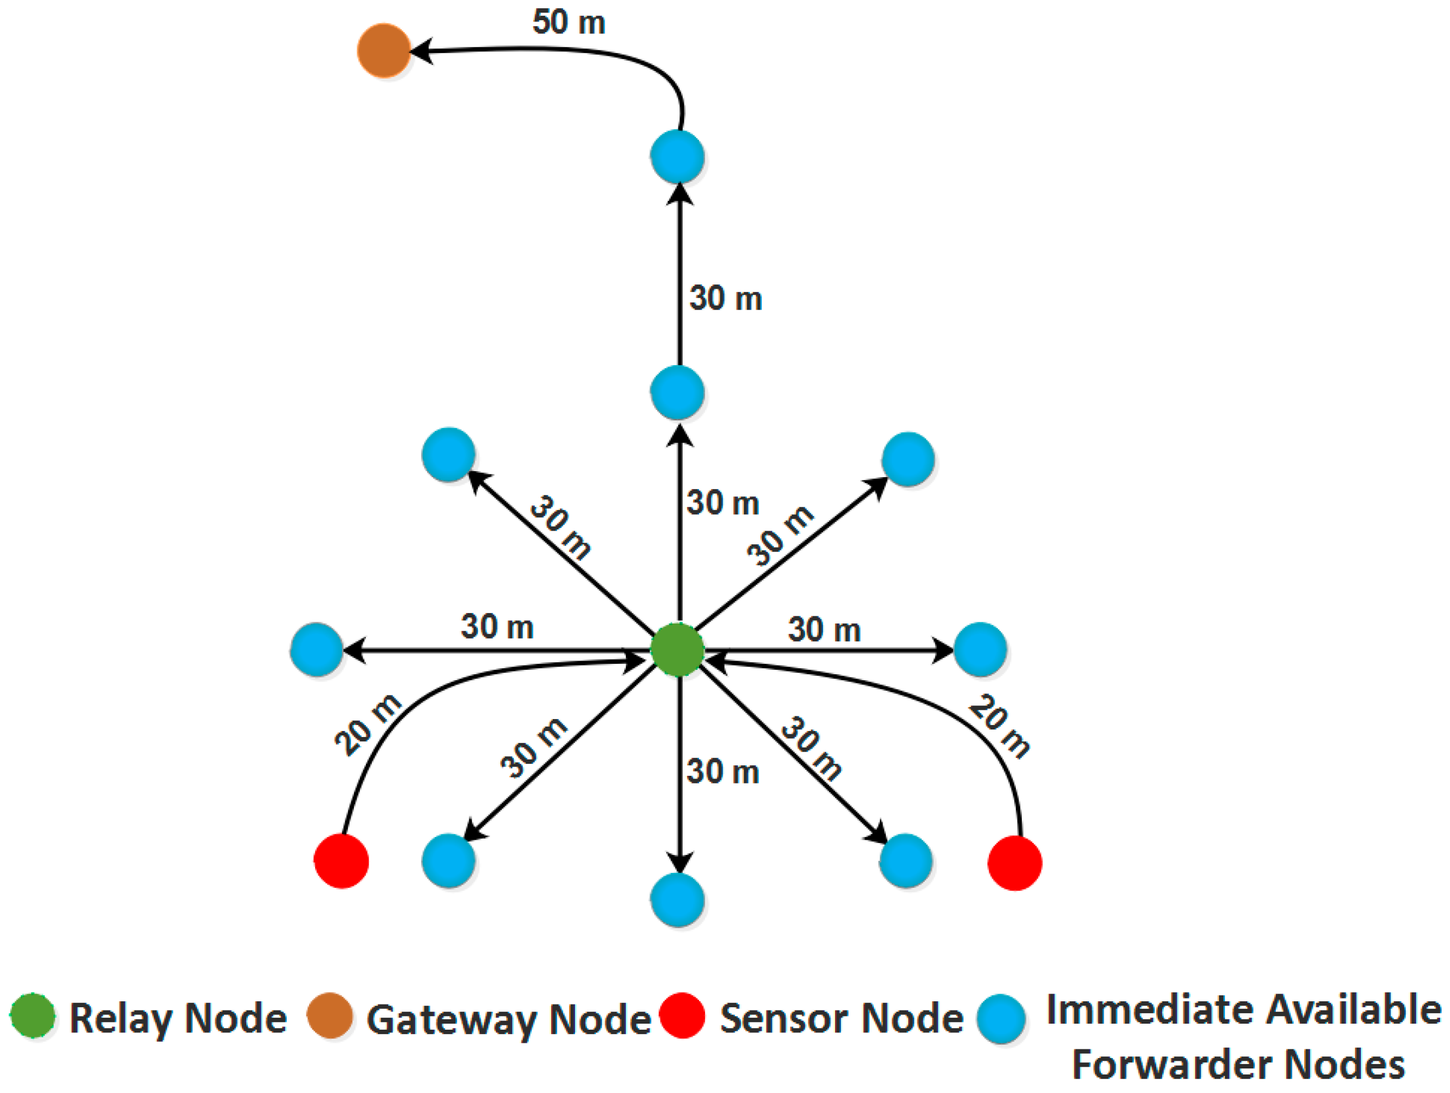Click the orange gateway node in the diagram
(x=384, y=50)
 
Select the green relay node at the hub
(x=678, y=650)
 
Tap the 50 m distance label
(x=569, y=22)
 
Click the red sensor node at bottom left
(x=341, y=861)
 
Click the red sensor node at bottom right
(x=1015, y=863)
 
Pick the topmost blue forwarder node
(x=678, y=157)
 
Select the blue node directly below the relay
(x=678, y=900)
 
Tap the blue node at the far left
(x=317, y=649)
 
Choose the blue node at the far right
(x=980, y=649)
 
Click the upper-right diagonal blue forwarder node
(x=908, y=459)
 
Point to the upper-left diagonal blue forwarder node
(x=448, y=455)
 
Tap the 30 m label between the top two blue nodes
(x=726, y=299)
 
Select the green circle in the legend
(x=33, y=1017)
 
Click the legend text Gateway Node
(x=508, y=1020)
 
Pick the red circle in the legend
(x=682, y=1017)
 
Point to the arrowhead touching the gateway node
(x=422, y=50)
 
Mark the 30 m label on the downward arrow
(x=723, y=771)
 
